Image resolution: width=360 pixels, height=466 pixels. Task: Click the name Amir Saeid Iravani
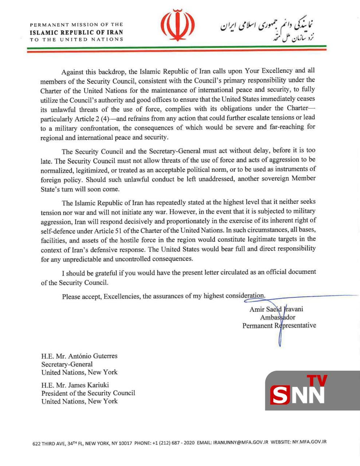tap(276, 309)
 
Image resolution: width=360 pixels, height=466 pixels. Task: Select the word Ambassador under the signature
tap(278, 317)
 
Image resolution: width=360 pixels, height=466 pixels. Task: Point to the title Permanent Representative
tap(279, 325)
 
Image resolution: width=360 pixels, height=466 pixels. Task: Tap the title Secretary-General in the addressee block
tap(67, 364)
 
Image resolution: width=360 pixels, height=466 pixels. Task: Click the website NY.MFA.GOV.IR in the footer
tap(309, 442)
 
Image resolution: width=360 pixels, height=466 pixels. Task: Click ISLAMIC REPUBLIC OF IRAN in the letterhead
tap(76, 32)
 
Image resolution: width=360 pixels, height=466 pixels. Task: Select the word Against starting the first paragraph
tap(73, 71)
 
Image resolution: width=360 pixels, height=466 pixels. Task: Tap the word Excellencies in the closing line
tap(122, 296)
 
